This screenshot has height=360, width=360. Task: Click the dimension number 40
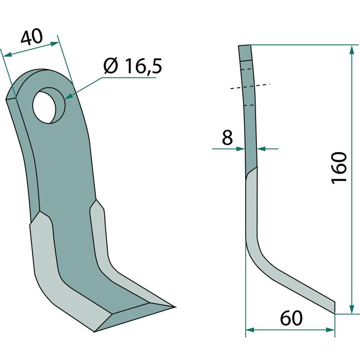(x=31, y=36)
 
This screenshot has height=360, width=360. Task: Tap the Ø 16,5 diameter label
(x=133, y=66)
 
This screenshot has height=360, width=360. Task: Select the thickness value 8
(x=227, y=137)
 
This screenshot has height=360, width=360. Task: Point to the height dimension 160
(x=339, y=168)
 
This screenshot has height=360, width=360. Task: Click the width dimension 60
(x=291, y=318)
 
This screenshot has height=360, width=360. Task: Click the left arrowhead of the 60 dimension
(x=250, y=330)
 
